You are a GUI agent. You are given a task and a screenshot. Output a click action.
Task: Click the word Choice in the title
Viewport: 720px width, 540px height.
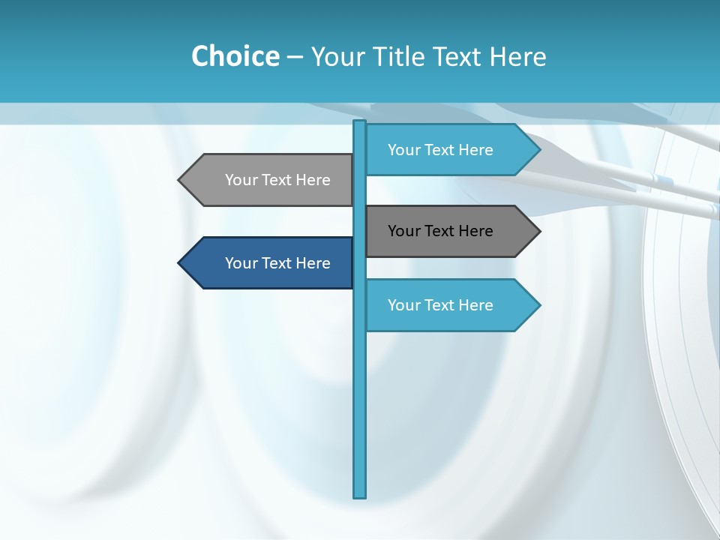point(235,56)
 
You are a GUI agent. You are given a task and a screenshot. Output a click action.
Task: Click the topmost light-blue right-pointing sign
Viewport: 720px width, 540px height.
point(442,150)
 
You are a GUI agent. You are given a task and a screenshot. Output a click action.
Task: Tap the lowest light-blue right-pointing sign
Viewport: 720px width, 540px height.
point(442,305)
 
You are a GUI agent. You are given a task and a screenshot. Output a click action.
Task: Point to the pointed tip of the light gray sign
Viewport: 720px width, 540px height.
point(180,180)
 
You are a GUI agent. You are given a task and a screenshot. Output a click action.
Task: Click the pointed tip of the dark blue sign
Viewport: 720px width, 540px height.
point(180,263)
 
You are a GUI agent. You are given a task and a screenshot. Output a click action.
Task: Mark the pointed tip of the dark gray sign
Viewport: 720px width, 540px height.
point(538,231)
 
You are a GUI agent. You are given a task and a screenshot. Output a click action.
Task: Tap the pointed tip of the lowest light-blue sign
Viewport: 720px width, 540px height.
point(538,305)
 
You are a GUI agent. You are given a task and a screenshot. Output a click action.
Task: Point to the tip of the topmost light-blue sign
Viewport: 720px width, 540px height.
point(538,150)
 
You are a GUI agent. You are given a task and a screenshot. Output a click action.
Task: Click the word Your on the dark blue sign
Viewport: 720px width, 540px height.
point(241,263)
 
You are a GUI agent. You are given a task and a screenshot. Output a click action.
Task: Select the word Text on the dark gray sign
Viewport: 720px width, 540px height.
point(440,231)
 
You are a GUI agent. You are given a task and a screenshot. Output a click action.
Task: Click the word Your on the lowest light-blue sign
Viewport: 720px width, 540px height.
point(403,305)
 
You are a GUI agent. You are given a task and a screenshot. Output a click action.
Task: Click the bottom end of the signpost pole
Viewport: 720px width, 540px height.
point(360,495)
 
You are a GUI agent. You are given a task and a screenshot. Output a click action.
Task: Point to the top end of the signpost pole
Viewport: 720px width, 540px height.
point(360,122)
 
